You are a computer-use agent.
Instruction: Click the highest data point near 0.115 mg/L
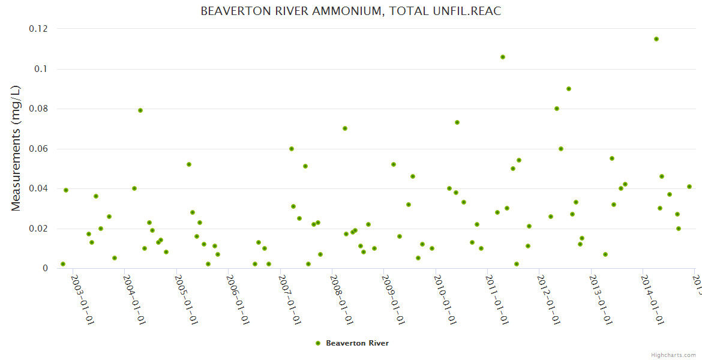click(656, 39)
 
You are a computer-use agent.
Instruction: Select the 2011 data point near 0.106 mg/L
click(503, 57)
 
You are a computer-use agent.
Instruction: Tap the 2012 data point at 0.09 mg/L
click(569, 89)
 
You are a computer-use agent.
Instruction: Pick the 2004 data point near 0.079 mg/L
click(140, 110)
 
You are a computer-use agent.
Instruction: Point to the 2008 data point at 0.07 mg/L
click(345, 128)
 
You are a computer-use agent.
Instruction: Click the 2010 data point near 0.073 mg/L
click(457, 122)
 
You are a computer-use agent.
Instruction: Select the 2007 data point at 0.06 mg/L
click(292, 149)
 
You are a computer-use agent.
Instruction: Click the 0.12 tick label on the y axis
click(38, 29)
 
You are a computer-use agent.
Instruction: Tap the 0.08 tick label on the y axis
click(38, 109)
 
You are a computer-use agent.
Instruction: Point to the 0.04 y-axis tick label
click(38, 188)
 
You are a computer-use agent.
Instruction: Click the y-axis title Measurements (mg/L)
click(16, 148)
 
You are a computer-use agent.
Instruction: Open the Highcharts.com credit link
click(673, 355)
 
